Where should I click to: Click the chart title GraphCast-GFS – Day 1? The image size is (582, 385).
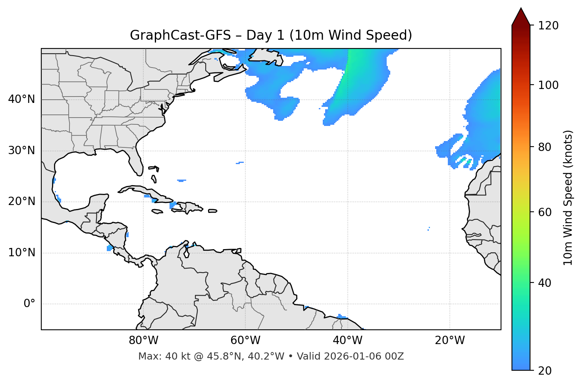[271, 36]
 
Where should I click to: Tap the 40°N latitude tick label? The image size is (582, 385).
[21, 99]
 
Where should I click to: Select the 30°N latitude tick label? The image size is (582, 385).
[21, 151]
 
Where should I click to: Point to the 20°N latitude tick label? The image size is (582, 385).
[21, 201]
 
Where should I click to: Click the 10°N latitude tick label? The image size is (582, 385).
[21, 253]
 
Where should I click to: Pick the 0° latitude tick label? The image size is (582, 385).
[29, 304]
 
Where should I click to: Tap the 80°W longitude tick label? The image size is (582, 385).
[143, 341]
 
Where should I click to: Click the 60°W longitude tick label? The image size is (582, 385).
[245, 341]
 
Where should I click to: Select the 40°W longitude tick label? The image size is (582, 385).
[347, 341]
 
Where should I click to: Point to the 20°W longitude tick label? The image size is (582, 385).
[449, 341]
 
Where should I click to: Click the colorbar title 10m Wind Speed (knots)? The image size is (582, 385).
[568, 197]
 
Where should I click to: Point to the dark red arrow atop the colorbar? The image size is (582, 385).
[521, 17]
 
